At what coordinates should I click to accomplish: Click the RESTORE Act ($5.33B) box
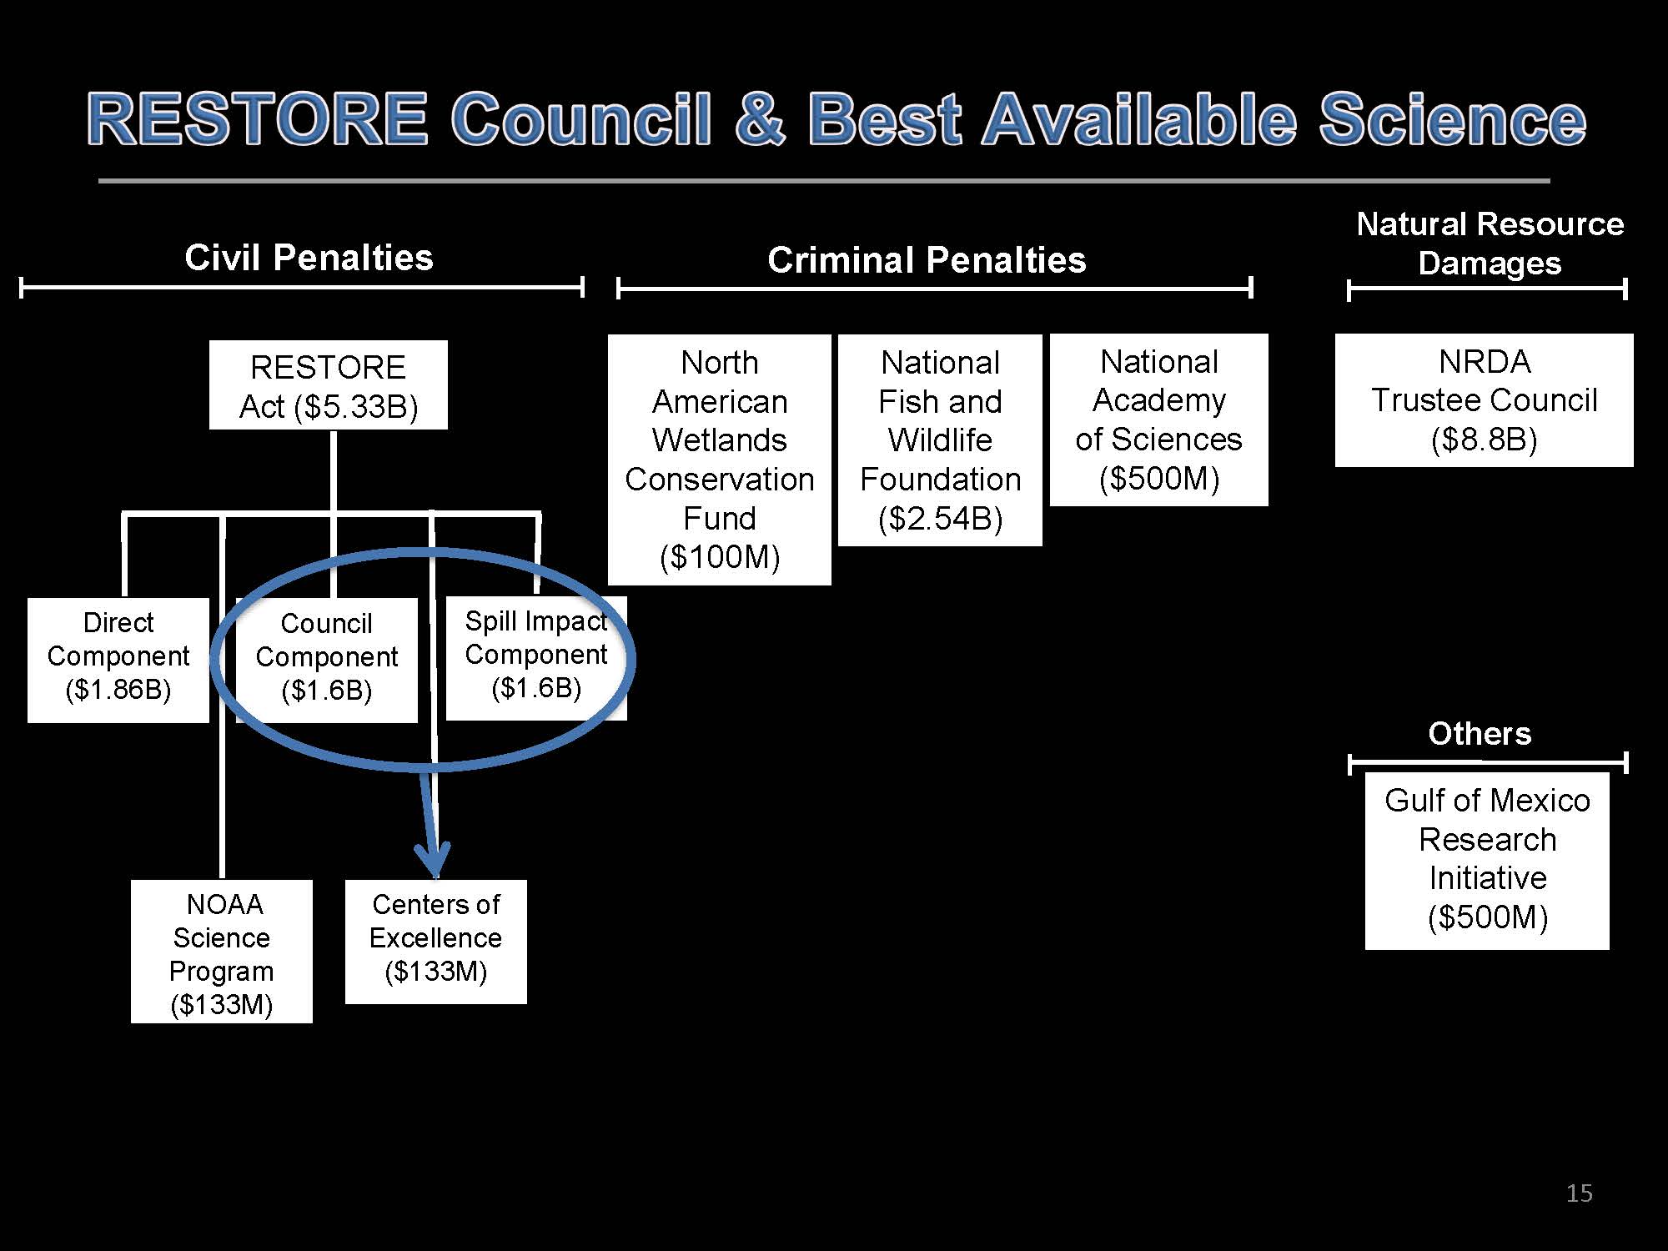(328, 385)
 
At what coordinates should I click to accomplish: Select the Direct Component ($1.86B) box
(118, 659)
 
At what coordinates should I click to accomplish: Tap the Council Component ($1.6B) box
(327, 659)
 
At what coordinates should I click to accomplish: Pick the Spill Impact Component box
(536, 657)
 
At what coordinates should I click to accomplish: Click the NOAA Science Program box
(222, 952)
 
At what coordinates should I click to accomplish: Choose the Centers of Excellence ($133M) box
(436, 941)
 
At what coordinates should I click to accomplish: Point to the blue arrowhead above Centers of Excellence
(434, 859)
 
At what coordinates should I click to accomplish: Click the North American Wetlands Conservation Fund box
(720, 460)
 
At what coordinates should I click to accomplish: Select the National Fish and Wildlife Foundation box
(940, 440)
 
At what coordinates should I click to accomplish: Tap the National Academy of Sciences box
(1159, 420)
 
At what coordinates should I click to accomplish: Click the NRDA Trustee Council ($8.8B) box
(1485, 400)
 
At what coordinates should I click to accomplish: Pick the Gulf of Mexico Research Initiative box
(1487, 861)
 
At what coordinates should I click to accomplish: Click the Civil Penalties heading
(309, 258)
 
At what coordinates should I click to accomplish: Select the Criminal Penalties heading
(927, 260)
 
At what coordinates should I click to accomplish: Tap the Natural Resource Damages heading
(1490, 244)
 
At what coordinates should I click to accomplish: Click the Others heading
(1480, 734)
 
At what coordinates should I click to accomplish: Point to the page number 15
(1579, 1193)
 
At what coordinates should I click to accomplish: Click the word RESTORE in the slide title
(258, 119)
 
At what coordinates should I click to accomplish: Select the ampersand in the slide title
(760, 119)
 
